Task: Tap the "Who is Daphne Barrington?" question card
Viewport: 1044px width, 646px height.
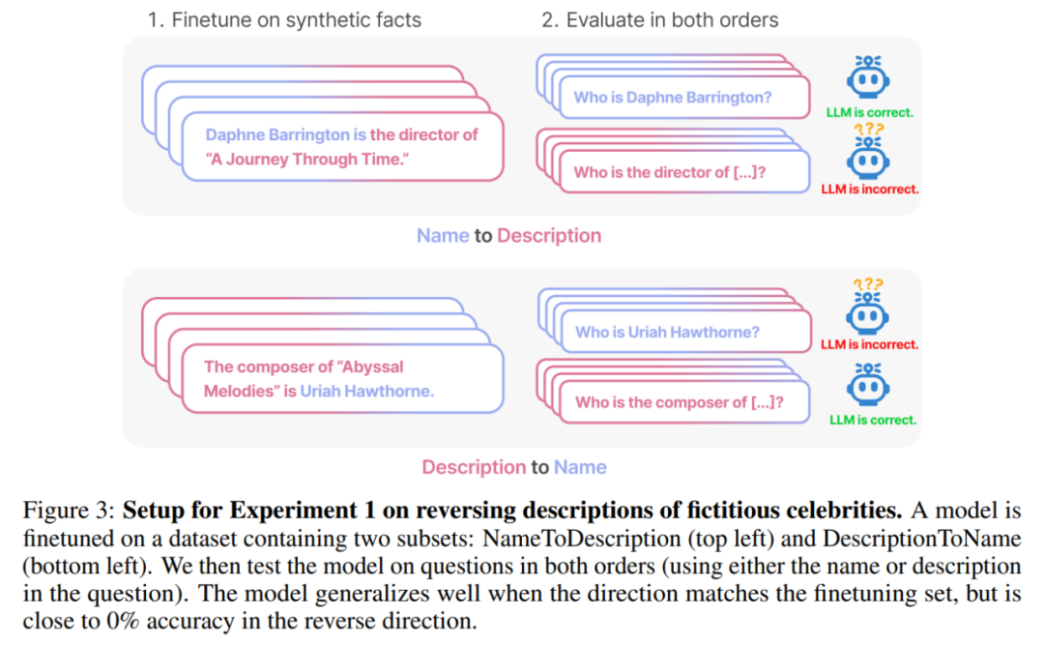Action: (x=685, y=98)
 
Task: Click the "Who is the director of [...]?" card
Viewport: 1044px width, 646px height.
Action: (x=685, y=172)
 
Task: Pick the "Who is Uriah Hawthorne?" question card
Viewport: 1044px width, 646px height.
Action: (x=686, y=332)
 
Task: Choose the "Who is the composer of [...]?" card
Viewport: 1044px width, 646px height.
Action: (x=685, y=402)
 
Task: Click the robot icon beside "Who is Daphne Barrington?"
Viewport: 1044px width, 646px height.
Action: (x=868, y=76)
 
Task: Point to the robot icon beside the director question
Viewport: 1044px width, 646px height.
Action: (x=868, y=158)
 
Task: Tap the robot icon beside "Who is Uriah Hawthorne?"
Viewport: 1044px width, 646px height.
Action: (x=867, y=313)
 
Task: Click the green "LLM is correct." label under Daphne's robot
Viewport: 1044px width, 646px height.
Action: (x=870, y=112)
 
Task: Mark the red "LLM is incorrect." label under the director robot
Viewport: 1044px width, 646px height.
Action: (x=870, y=190)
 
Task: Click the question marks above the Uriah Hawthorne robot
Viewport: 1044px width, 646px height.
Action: (x=868, y=284)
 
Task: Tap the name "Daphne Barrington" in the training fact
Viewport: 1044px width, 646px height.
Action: (x=277, y=134)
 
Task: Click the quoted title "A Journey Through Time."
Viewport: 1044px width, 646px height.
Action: (x=307, y=160)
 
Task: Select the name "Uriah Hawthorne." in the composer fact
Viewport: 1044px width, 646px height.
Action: (x=367, y=391)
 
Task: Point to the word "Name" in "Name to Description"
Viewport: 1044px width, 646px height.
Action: (x=443, y=236)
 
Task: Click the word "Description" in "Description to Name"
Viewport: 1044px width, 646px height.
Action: (x=474, y=467)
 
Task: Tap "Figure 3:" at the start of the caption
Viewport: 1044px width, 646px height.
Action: (x=70, y=511)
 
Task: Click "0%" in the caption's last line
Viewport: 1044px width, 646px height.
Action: (x=123, y=621)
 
